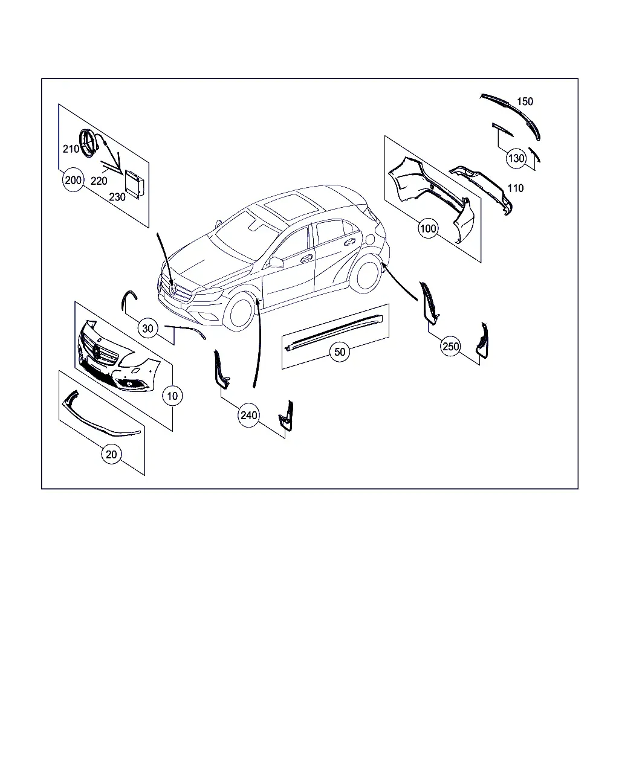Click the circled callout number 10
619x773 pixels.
click(172, 396)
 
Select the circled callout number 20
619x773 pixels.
click(111, 454)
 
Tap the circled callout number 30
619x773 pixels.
click(147, 329)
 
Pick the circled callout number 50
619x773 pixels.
click(340, 351)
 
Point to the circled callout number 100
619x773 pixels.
click(428, 228)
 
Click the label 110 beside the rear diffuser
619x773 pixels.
click(516, 188)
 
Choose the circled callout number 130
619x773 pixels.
click(516, 158)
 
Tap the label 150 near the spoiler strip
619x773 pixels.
click(525, 101)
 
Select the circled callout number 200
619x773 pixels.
click(73, 180)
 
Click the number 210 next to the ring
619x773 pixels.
click(71, 149)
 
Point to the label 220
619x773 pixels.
click(99, 181)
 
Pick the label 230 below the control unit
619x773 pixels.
click(117, 197)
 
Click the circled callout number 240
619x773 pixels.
click(249, 415)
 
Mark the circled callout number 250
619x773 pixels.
click(451, 346)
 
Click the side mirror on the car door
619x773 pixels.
click(276, 262)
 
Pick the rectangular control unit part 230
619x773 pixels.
click(134, 184)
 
